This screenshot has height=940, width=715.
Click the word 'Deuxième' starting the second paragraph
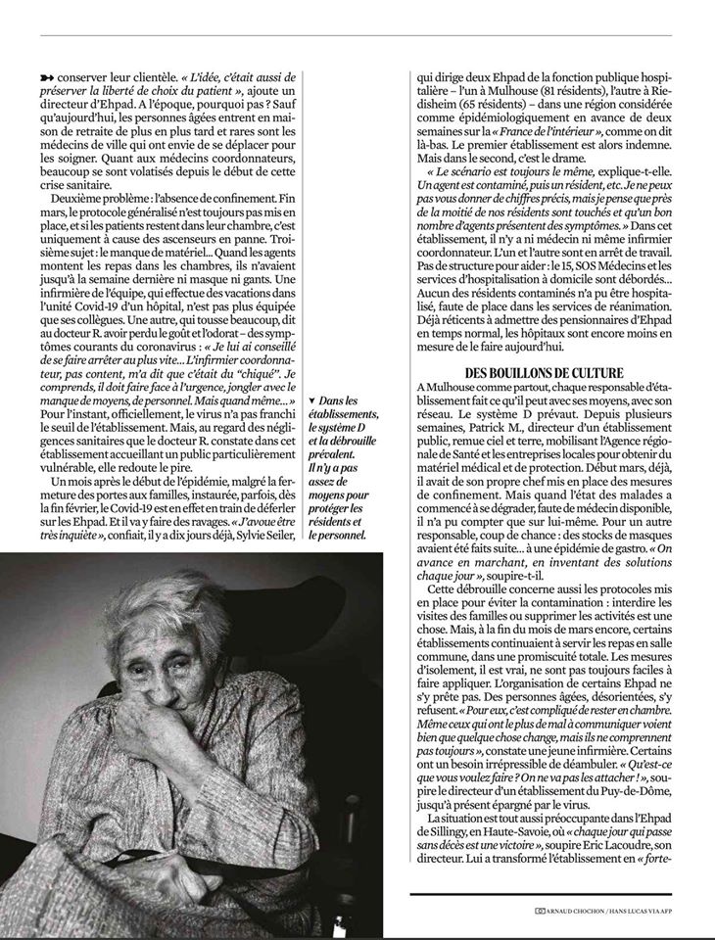(79, 199)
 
